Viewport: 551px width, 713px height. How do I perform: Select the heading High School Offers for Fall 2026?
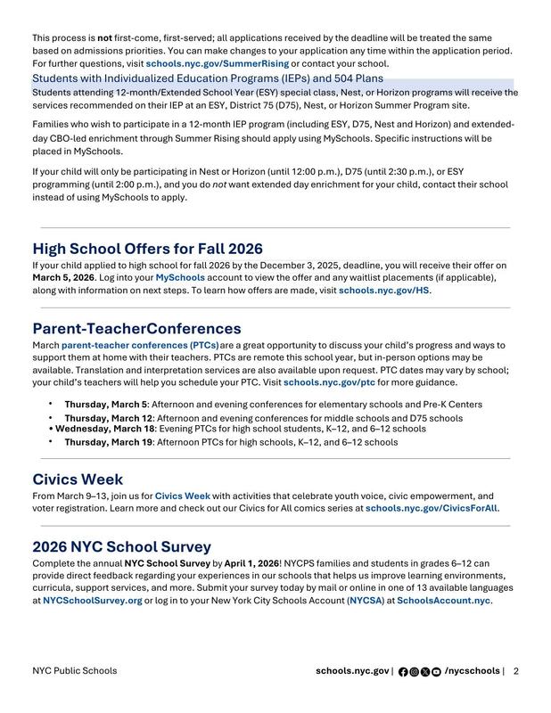(x=147, y=249)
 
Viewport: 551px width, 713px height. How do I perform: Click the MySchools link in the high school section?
(x=180, y=277)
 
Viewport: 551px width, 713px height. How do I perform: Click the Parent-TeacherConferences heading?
(x=136, y=328)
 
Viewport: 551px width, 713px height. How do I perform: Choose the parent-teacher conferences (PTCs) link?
(x=140, y=345)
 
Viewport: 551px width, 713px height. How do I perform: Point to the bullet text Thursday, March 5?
(x=107, y=404)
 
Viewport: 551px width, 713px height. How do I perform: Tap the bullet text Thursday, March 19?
(x=109, y=441)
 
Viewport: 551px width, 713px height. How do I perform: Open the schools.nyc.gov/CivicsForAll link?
(x=432, y=508)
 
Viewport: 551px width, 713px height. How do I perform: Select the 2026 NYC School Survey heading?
(x=121, y=546)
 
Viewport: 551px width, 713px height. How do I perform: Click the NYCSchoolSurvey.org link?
(x=92, y=601)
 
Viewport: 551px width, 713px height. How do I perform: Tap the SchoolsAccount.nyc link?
(x=443, y=601)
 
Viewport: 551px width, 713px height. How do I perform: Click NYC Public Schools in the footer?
(x=74, y=671)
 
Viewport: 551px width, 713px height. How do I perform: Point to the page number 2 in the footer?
(x=515, y=671)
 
